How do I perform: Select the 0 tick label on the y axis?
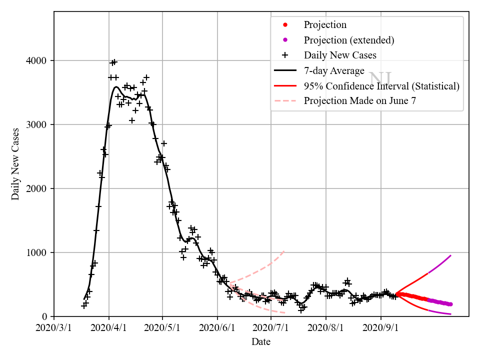[45, 317]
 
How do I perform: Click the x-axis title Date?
[261, 342]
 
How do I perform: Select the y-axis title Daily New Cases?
[15, 164]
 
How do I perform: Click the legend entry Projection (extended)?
[349, 40]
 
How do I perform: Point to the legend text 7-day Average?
[334, 70]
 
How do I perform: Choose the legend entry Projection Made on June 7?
[359, 100]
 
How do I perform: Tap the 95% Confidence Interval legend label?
[381, 85]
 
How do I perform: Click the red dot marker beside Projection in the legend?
[285, 25]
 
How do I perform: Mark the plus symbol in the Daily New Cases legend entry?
[285, 55]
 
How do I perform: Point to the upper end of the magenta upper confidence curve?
[451, 255]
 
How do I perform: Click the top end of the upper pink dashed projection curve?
[284, 251]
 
